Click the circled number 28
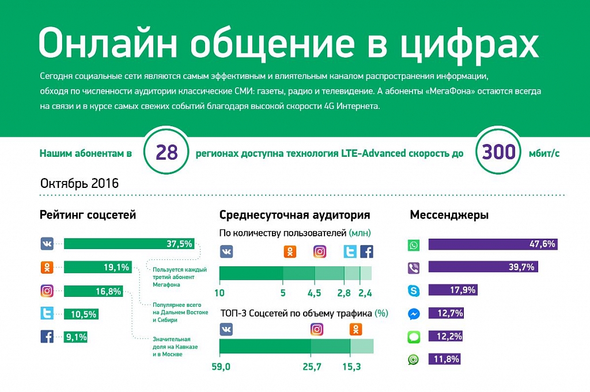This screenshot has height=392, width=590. pyautogui.click(x=167, y=153)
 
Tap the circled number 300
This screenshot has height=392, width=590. pyautogui.click(x=499, y=153)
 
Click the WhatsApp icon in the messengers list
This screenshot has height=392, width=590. pyautogui.click(x=414, y=246)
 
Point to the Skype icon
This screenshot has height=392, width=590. pyautogui.click(x=414, y=291)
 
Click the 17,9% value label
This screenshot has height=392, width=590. pyautogui.click(x=464, y=290)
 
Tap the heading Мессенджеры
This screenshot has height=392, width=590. pyautogui.click(x=449, y=215)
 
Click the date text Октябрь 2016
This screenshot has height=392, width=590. pyautogui.click(x=80, y=183)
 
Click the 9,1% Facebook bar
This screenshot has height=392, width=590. pyautogui.click(x=75, y=336)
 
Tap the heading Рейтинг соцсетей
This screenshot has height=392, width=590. pyautogui.click(x=88, y=215)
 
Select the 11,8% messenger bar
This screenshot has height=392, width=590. pyautogui.click(x=444, y=359)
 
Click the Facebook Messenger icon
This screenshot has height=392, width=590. pyautogui.click(x=414, y=314)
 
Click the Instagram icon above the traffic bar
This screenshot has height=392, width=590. pyautogui.click(x=317, y=330)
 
